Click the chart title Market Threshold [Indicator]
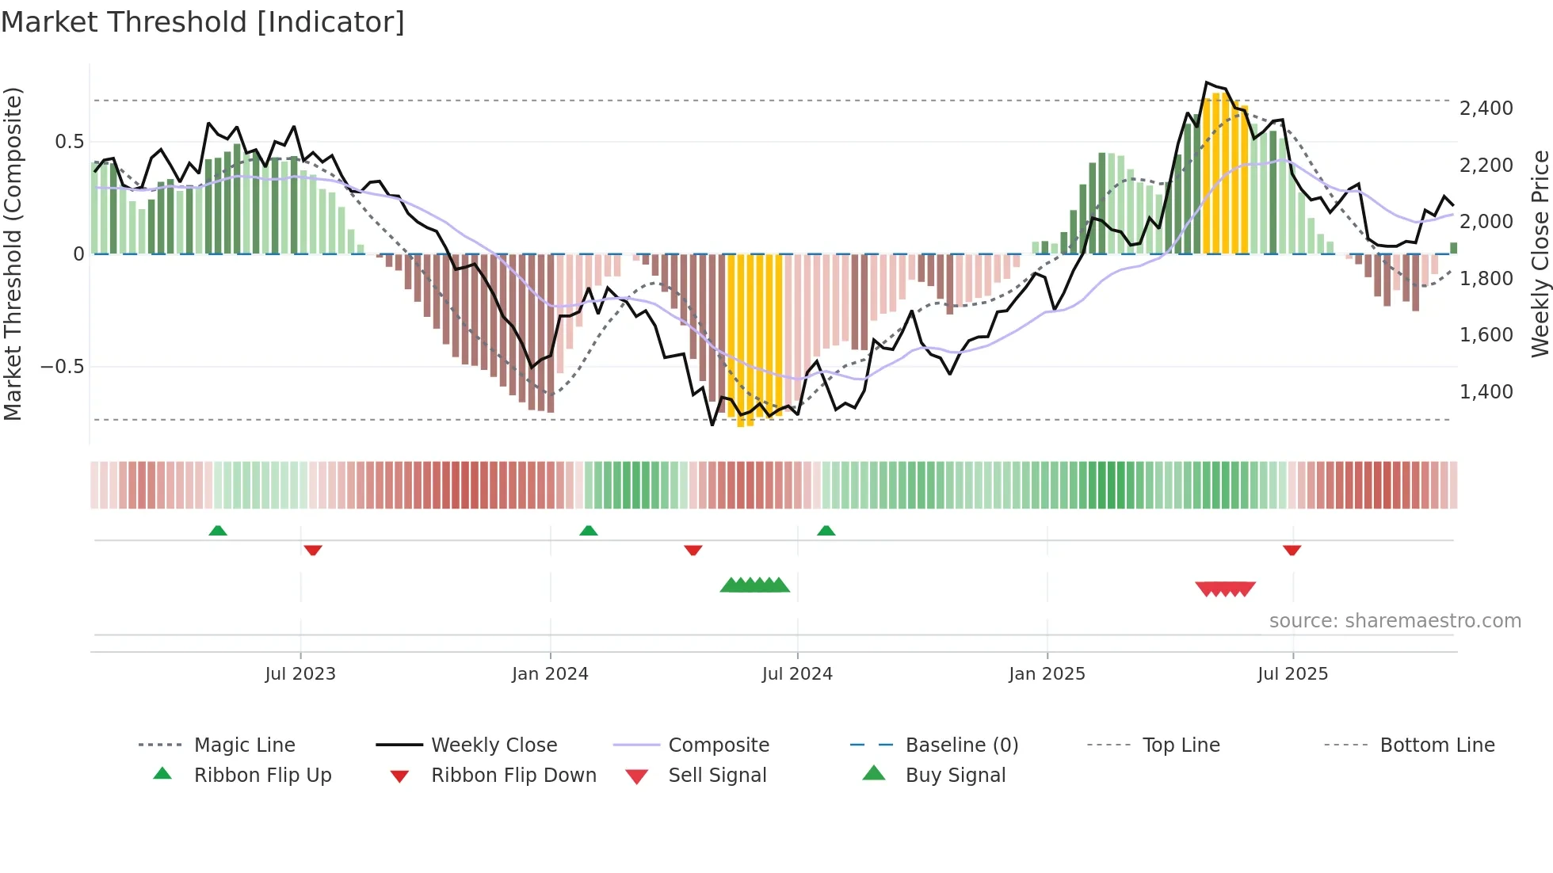tap(203, 22)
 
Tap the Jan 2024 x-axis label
tap(550, 674)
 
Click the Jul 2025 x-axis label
tap(1292, 674)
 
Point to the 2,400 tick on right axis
tap(1486, 109)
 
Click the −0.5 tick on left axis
tap(63, 367)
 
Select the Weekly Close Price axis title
tap(1540, 254)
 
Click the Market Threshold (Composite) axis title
tap(13, 254)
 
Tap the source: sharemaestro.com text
tap(1395, 621)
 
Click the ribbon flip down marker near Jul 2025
tap(1292, 550)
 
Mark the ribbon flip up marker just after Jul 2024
tap(826, 531)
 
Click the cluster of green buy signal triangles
tap(754, 585)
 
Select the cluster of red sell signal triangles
tap(1225, 589)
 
